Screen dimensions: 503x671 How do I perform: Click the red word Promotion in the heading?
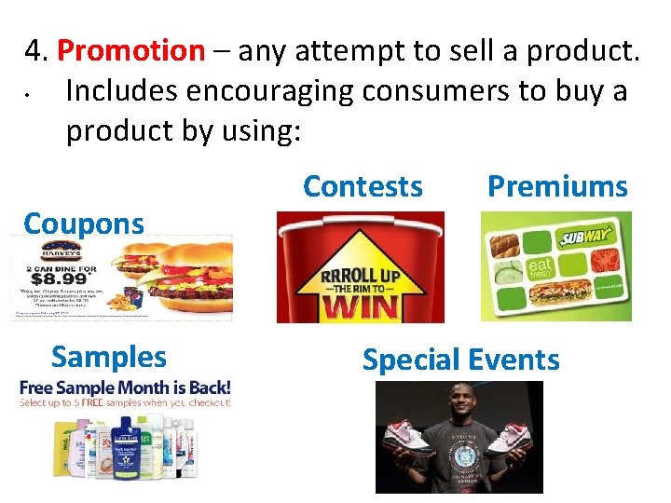[130, 51]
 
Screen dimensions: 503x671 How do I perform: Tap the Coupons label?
[84, 224]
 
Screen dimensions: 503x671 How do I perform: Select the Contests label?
[363, 186]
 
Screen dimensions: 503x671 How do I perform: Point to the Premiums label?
[557, 186]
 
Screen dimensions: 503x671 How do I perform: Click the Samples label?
[109, 357]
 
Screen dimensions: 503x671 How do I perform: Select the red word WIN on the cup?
[360, 306]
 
